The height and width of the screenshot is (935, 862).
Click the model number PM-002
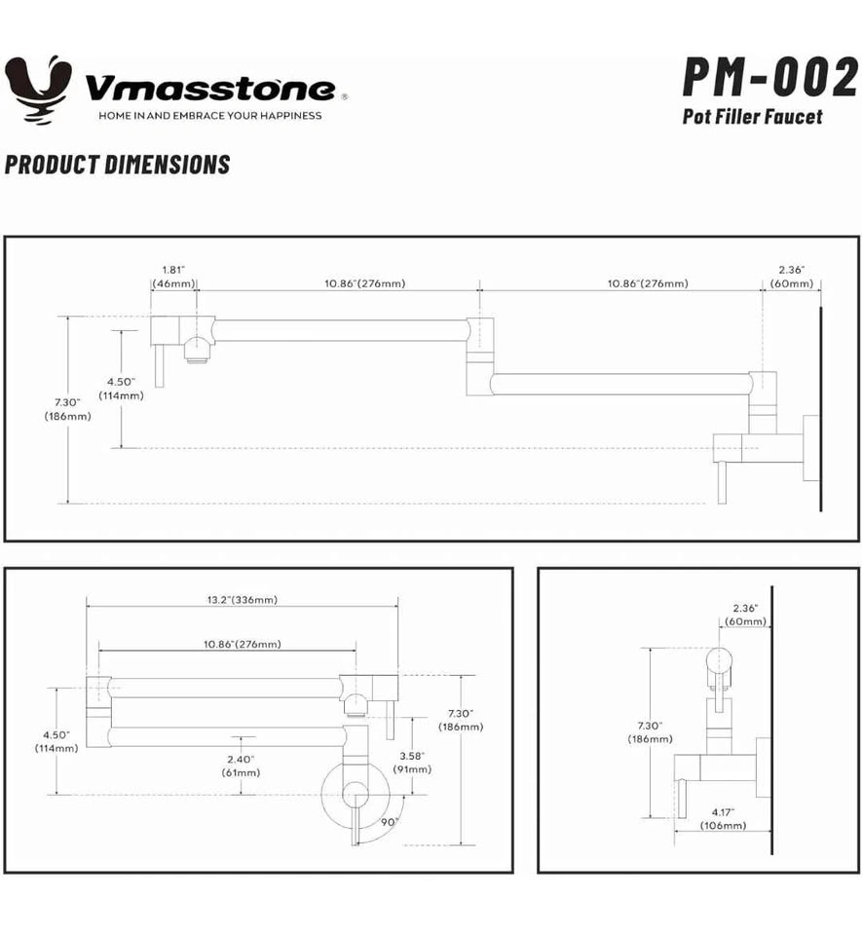pos(769,78)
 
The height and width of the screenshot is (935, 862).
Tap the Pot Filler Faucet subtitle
pos(752,117)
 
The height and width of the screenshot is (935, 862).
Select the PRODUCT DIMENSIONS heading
pos(118,164)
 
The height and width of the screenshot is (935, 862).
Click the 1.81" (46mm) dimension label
pos(174,276)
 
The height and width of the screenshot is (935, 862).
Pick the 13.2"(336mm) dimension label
pos(242,600)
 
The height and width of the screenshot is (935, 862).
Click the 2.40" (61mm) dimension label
pos(241,766)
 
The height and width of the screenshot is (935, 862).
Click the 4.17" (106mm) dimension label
pos(723,818)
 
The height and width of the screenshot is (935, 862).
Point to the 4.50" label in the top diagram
pos(122,388)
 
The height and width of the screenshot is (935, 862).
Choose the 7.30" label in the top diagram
pos(67,408)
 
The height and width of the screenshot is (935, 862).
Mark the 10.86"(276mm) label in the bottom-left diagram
pos(243,644)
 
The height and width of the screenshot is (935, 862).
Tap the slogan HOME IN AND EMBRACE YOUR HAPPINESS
pos(209,115)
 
